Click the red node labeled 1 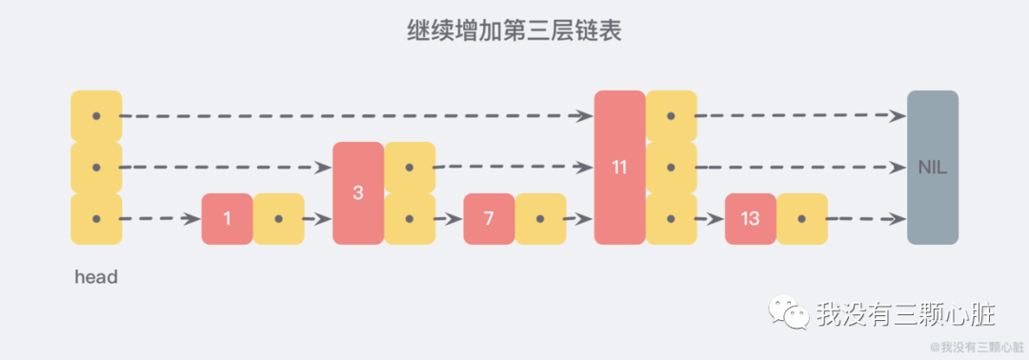pos(227,219)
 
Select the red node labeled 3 pos(358,192)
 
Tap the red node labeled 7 pos(489,219)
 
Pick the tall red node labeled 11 pos(619,168)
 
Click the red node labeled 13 pos(750,219)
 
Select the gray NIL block pos(932,168)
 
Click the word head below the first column pos(95,278)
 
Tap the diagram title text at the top pos(514,31)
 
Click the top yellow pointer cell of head pos(96,116)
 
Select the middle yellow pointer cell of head pos(96,168)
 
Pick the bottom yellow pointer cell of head pos(96,219)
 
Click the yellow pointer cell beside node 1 pos(278,219)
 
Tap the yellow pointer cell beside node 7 pos(540,219)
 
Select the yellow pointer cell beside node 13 pos(801,219)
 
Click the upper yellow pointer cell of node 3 pos(410,168)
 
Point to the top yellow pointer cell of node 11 pos(671,116)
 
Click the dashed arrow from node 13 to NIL pos(865,219)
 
